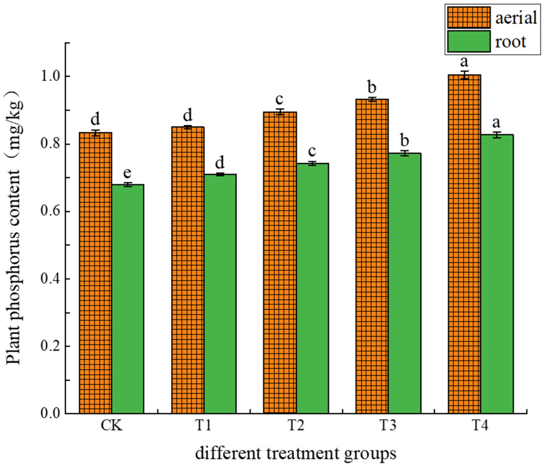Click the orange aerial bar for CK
pyautogui.click(x=96, y=273)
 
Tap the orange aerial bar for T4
pyautogui.click(x=464, y=244)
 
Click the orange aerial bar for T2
pyautogui.click(x=280, y=263)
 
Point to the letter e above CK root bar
pyautogui.click(x=127, y=173)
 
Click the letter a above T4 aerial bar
pyautogui.click(x=464, y=62)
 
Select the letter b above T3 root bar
pyautogui.click(x=405, y=141)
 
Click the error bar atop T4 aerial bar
pyautogui.click(x=464, y=75)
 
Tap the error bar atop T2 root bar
pyautogui.click(x=312, y=164)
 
